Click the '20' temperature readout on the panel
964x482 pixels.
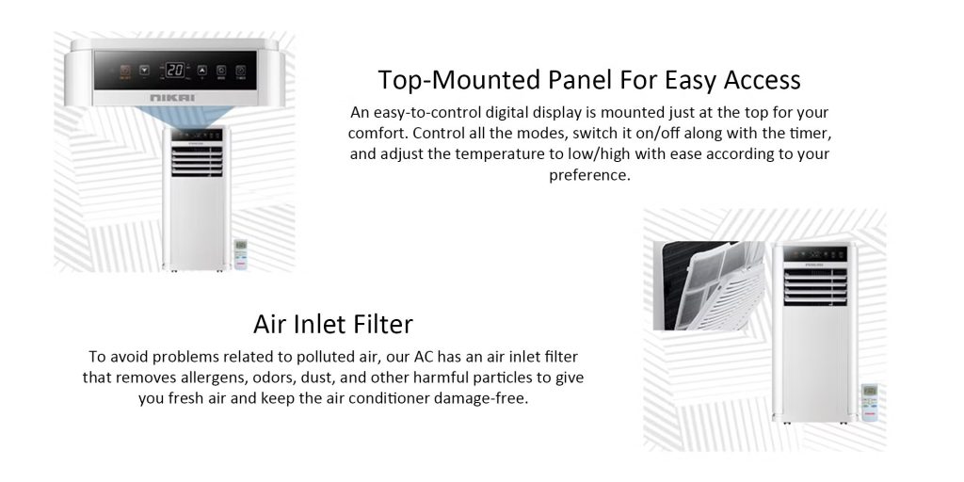point(174,70)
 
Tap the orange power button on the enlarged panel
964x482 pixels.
point(124,70)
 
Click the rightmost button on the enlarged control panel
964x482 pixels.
point(241,70)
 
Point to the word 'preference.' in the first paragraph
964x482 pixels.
point(589,175)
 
